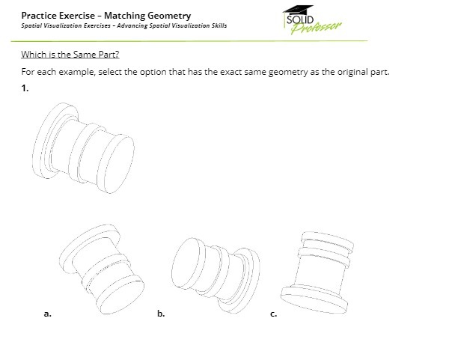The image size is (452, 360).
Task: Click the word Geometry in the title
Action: point(168,15)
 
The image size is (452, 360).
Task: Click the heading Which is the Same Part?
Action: point(70,55)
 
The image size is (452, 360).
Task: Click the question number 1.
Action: point(25,89)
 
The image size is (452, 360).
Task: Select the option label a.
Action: point(48,314)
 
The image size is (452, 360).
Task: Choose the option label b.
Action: point(161,314)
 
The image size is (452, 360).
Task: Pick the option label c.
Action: point(273,314)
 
